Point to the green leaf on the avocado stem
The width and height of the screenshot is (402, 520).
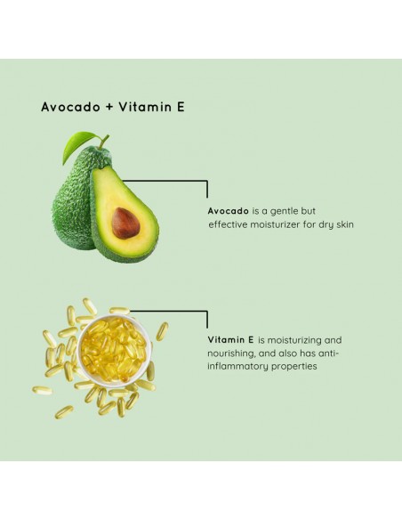pos(80,145)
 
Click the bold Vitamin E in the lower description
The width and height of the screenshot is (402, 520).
pos(230,340)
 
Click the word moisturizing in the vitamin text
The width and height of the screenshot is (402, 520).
pos(301,340)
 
